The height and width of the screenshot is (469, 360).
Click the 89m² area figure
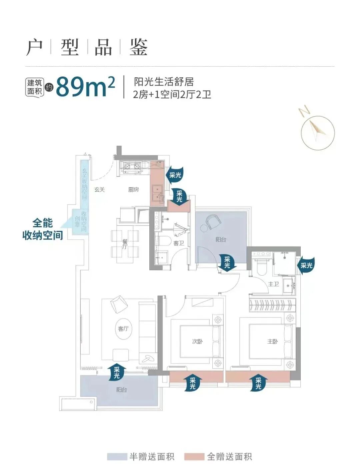(85, 87)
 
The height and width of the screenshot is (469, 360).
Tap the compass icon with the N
(317, 131)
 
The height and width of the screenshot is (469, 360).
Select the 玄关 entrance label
(99, 190)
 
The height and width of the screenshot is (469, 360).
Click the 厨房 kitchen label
(133, 190)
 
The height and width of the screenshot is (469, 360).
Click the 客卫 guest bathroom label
(178, 243)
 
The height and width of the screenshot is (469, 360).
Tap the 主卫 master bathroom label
(273, 284)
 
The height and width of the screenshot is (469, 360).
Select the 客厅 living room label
(123, 329)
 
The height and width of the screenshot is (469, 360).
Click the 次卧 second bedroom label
(197, 341)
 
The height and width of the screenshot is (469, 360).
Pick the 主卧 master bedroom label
(272, 341)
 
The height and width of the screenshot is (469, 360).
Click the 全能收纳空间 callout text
(42, 229)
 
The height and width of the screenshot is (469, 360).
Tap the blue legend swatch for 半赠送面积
(117, 456)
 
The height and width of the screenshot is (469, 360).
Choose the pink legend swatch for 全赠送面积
(194, 456)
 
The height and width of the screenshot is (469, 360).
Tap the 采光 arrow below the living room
(117, 372)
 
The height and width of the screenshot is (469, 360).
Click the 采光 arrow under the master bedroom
(258, 382)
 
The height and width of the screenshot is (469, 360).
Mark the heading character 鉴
(138, 47)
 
